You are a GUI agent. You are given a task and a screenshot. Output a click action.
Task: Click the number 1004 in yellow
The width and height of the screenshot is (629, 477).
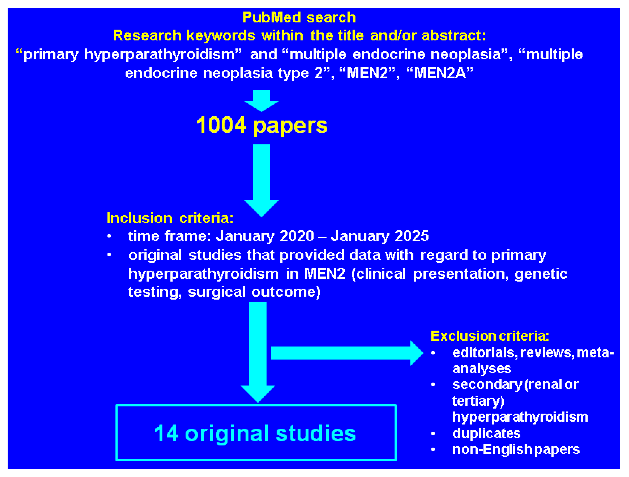coord(221,125)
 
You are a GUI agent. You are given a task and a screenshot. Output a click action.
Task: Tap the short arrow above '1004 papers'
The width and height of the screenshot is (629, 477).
coord(261,100)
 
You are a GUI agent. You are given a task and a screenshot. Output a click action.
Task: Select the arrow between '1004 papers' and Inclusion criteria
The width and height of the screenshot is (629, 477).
coord(261,179)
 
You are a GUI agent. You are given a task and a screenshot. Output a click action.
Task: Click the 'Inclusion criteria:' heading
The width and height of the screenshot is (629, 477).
coord(170,218)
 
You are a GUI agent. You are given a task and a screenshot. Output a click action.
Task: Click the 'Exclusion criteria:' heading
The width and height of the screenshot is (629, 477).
coord(489,336)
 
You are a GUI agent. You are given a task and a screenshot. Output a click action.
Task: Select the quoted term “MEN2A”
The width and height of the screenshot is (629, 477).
coord(440,73)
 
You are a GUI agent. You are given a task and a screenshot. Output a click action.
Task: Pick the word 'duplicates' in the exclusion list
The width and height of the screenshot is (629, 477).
coord(486,434)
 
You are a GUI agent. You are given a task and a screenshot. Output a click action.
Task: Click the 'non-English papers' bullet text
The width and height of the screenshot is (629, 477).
coord(516,449)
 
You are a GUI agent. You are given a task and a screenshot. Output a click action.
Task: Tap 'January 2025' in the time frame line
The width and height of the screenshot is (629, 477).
coord(380,236)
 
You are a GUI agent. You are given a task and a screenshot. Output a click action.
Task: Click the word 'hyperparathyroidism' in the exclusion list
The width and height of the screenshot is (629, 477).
coord(520,417)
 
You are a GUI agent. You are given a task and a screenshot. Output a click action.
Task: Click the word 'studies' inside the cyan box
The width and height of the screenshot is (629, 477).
coord(316,433)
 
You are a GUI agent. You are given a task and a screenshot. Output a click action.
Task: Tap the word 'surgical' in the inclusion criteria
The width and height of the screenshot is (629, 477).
coord(216,292)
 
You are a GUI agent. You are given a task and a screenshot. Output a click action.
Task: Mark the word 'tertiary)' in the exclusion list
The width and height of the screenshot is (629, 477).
coord(478,401)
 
